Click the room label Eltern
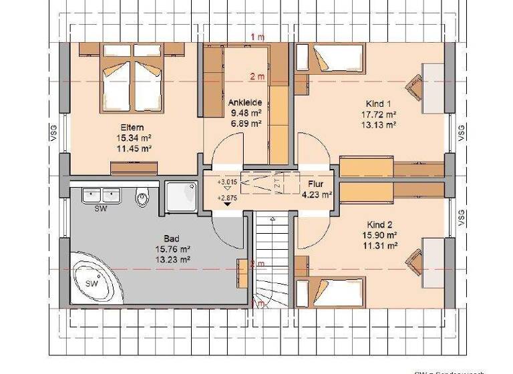pyautogui.click(x=132, y=128)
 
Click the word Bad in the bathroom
pyautogui.click(x=172, y=238)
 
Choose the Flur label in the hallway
pyautogui.click(x=316, y=184)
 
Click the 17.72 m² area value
pyautogui.click(x=381, y=114)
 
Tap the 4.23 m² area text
pyautogui.click(x=317, y=195)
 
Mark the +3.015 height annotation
pyautogui.click(x=227, y=181)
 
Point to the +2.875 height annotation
pyautogui.click(x=227, y=198)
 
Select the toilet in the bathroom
pyautogui.click(x=141, y=197)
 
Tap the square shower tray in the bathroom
pyautogui.click(x=179, y=197)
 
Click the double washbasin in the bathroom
pyautogui.click(x=101, y=195)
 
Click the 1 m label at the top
pyautogui.click(x=256, y=35)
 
